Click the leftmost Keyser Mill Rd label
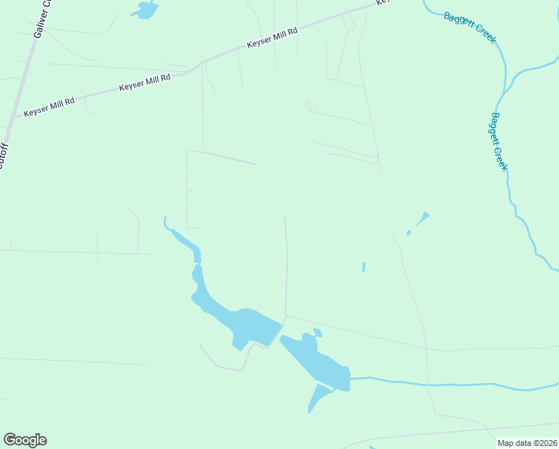coord(49,108)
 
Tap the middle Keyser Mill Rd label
coord(145,82)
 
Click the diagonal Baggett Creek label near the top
coord(469,27)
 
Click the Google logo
coord(25,440)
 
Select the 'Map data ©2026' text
coord(527,443)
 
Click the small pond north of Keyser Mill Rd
coord(145,10)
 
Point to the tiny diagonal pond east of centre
coord(422,219)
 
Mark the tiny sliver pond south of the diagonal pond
coord(364,266)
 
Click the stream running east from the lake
coord(448,385)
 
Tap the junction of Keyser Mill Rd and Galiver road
coord(16,117)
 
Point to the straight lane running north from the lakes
coord(285,269)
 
